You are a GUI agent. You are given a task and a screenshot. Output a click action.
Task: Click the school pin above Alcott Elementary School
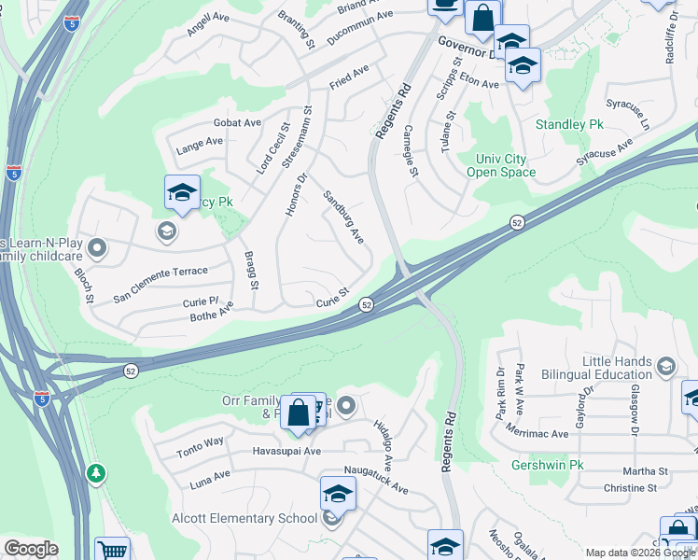[x=338, y=494]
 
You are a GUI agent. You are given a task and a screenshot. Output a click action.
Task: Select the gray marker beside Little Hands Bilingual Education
[x=665, y=364]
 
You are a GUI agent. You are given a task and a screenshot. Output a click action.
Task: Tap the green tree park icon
[x=96, y=473]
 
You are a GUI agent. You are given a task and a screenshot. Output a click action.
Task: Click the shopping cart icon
[x=112, y=551]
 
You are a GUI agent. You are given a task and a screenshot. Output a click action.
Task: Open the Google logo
[x=31, y=549]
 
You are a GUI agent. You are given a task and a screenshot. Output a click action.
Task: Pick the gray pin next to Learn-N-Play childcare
[x=99, y=248]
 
